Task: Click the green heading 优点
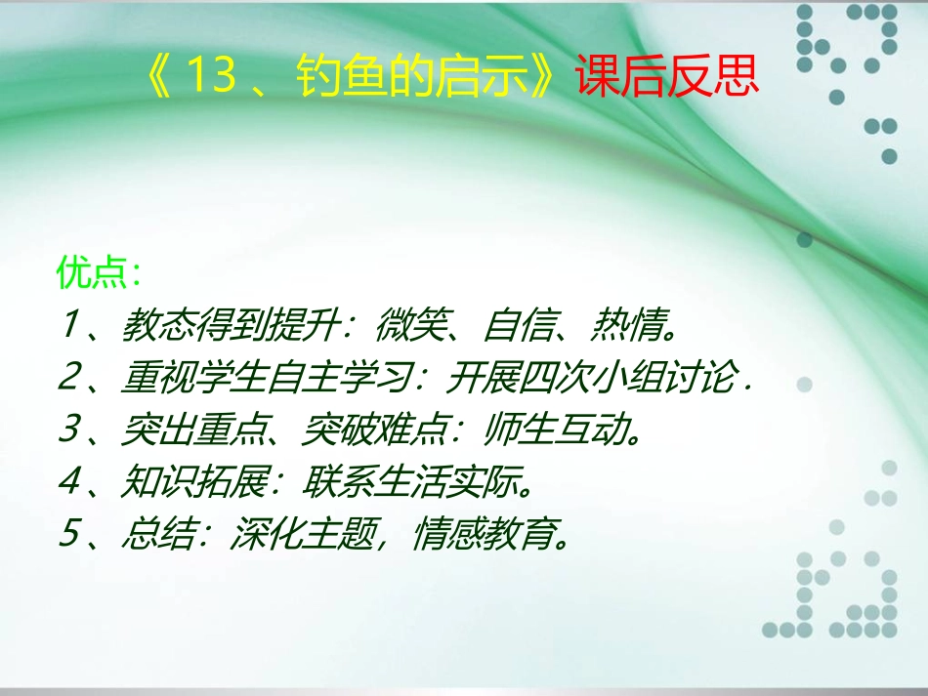93,273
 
